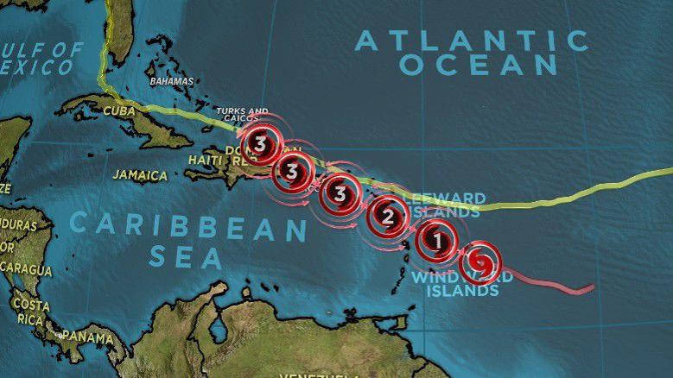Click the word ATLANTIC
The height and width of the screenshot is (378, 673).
(472, 41)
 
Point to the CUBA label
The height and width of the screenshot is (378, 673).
(119, 110)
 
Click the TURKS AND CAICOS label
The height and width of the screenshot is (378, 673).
(241, 117)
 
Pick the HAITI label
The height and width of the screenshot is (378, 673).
(206, 160)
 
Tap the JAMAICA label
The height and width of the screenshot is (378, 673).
(140, 175)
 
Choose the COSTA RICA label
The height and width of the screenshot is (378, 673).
(31, 312)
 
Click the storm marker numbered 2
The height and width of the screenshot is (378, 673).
(388, 217)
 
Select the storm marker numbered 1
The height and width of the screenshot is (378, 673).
(437, 241)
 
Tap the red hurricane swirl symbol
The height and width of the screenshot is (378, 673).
(480, 261)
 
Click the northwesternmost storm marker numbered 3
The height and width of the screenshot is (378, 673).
(261, 144)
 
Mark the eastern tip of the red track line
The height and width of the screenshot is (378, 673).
(593, 287)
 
